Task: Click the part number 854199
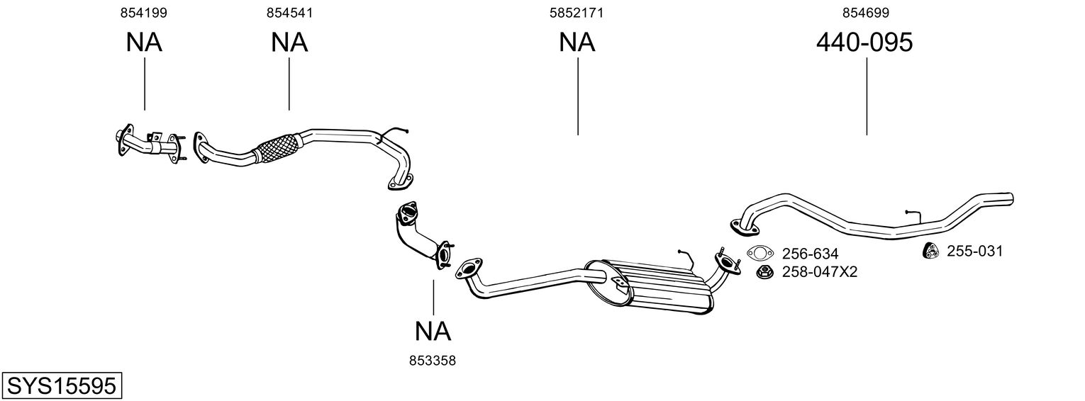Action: (144, 13)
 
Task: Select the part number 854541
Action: (289, 13)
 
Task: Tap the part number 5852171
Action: (577, 13)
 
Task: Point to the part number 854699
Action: (866, 13)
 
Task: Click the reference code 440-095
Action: (864, 43)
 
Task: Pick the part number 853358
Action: (433, 361)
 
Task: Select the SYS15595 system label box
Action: (62, 385)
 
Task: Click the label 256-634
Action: (810, 254)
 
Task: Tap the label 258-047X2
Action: (820, 272)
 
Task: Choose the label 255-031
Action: (974, 251)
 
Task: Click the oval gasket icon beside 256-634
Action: (759, 253)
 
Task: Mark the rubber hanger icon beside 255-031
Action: (930, 251)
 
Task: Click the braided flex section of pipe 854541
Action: (277, 147)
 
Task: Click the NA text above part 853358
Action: (433, 332)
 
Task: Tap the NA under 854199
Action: (144, 43)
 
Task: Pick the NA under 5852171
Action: (577, 43)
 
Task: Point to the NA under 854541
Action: (289, 43)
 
